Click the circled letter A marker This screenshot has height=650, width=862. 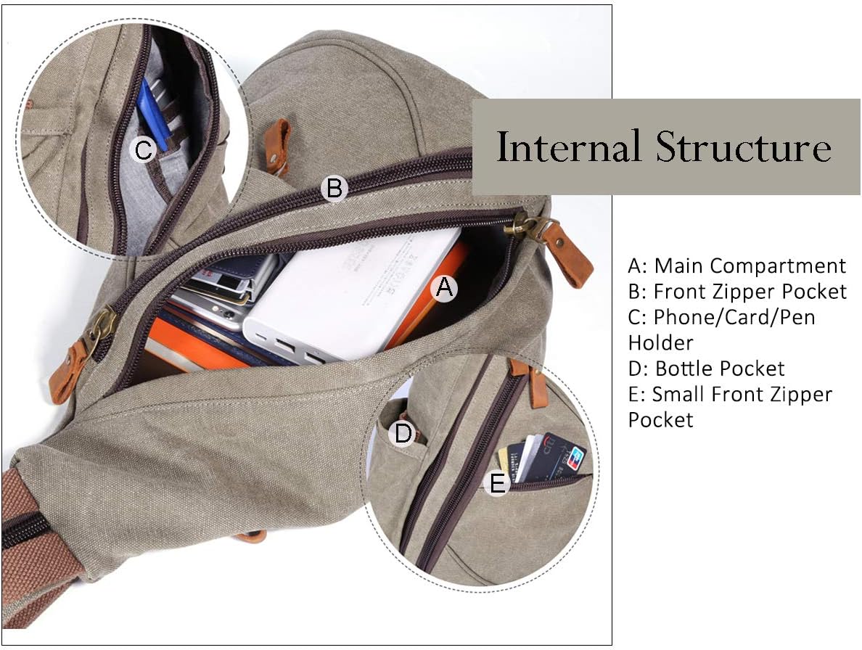tap(444, 287)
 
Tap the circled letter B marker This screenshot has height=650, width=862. tap(334, 188)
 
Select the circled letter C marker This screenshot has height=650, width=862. tap(144, 150)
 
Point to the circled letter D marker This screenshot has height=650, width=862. tap(403, 433)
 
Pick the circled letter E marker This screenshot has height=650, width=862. tap(497, 484)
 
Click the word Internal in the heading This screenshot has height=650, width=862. tap(568, 147)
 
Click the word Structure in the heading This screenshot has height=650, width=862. tap(743, 147)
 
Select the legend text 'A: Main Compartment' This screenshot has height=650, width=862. tap(736, 266)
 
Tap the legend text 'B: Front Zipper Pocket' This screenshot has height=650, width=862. tap(737, 291)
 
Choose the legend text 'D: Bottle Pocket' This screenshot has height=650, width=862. tap(707, 368)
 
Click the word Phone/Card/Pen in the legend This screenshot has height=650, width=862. tap(734, 317)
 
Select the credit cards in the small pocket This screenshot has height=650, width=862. tap(541, 457)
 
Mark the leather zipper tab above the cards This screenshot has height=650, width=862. tap(533, 381)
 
